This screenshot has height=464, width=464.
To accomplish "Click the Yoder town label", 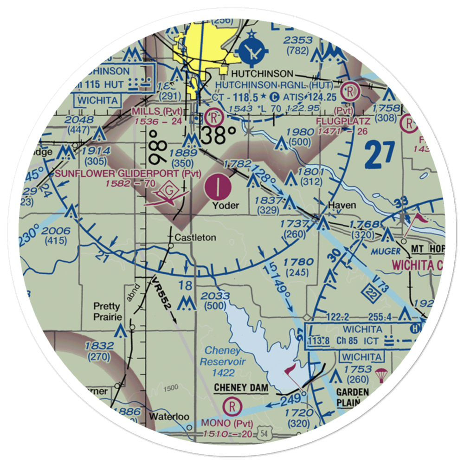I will click(226, 205).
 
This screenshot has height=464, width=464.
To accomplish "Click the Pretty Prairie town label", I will click(107, 311).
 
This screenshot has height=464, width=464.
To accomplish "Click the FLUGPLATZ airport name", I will click(343, 121).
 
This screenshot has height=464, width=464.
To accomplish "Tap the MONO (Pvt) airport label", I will click(227, 423).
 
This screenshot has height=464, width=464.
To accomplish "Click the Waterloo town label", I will click(169, 416).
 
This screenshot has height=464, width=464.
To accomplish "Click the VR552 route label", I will click(162, 295).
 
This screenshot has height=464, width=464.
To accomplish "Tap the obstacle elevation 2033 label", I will click(215, 296).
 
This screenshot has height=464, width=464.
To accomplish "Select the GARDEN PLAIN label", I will click(353, 397).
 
